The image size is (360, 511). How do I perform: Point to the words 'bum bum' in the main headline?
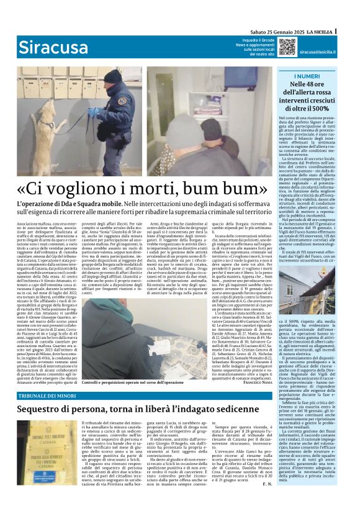[x=214, y=188]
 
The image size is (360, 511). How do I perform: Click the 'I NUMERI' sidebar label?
[x=308, y=76]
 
